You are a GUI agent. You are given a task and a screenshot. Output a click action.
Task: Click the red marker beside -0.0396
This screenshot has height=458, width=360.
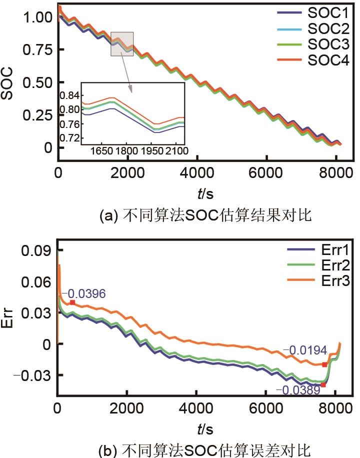coord(72,302)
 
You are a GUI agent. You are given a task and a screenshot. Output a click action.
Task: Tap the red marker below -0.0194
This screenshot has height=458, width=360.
coord(324,364)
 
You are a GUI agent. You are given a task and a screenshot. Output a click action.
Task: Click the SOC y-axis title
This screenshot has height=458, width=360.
coord(9,82)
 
